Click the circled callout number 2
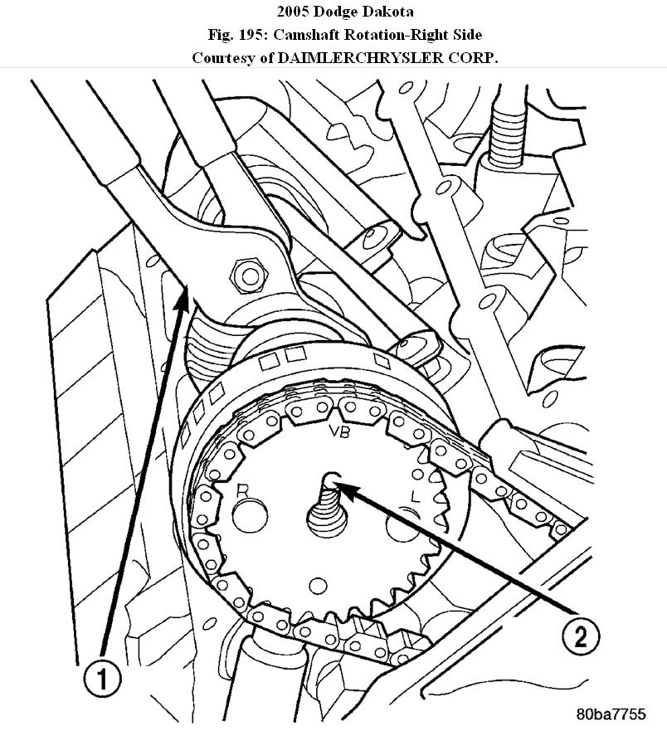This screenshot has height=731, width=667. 577,636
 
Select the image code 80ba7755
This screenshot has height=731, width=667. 621,713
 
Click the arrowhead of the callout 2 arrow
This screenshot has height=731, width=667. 341,486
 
